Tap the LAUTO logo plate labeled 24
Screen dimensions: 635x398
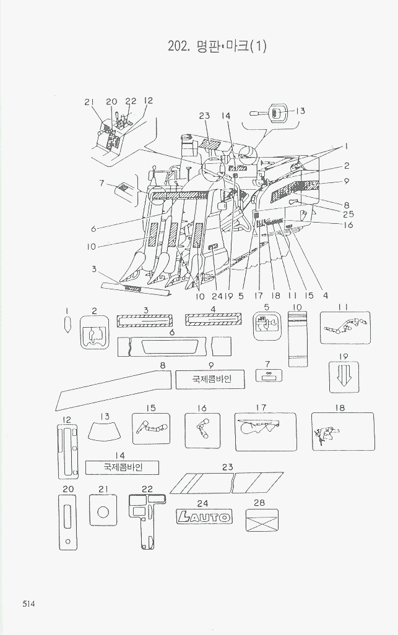204,516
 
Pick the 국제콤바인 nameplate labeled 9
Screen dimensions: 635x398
210,379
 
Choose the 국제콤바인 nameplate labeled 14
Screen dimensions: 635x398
122,467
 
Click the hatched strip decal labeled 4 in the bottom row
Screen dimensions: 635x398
212,318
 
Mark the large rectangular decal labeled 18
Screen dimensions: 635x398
342,432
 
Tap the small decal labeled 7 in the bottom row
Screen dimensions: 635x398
269,375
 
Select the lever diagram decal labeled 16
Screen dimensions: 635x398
202,430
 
